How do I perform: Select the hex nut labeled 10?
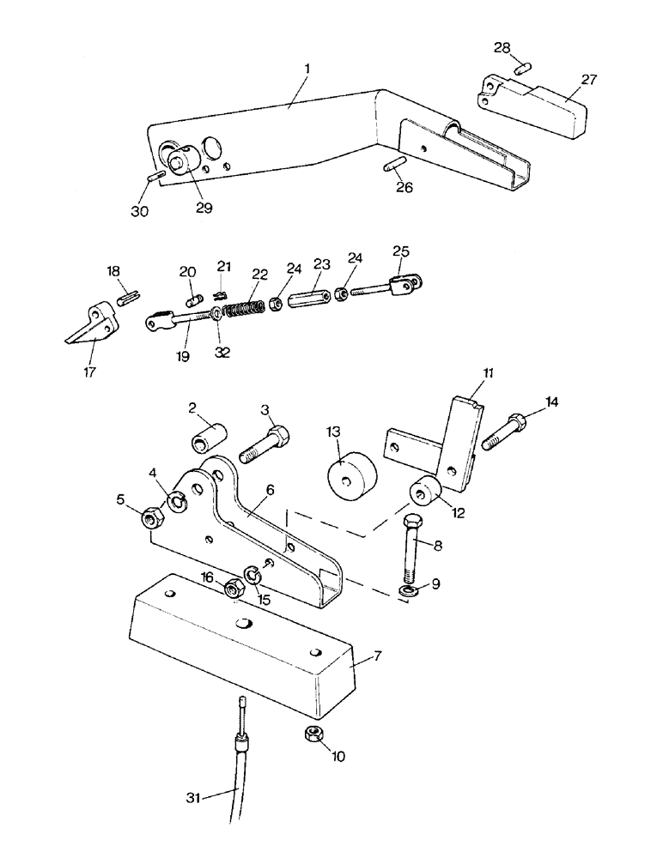[313, 734]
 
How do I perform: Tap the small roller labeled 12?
[425, 492]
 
